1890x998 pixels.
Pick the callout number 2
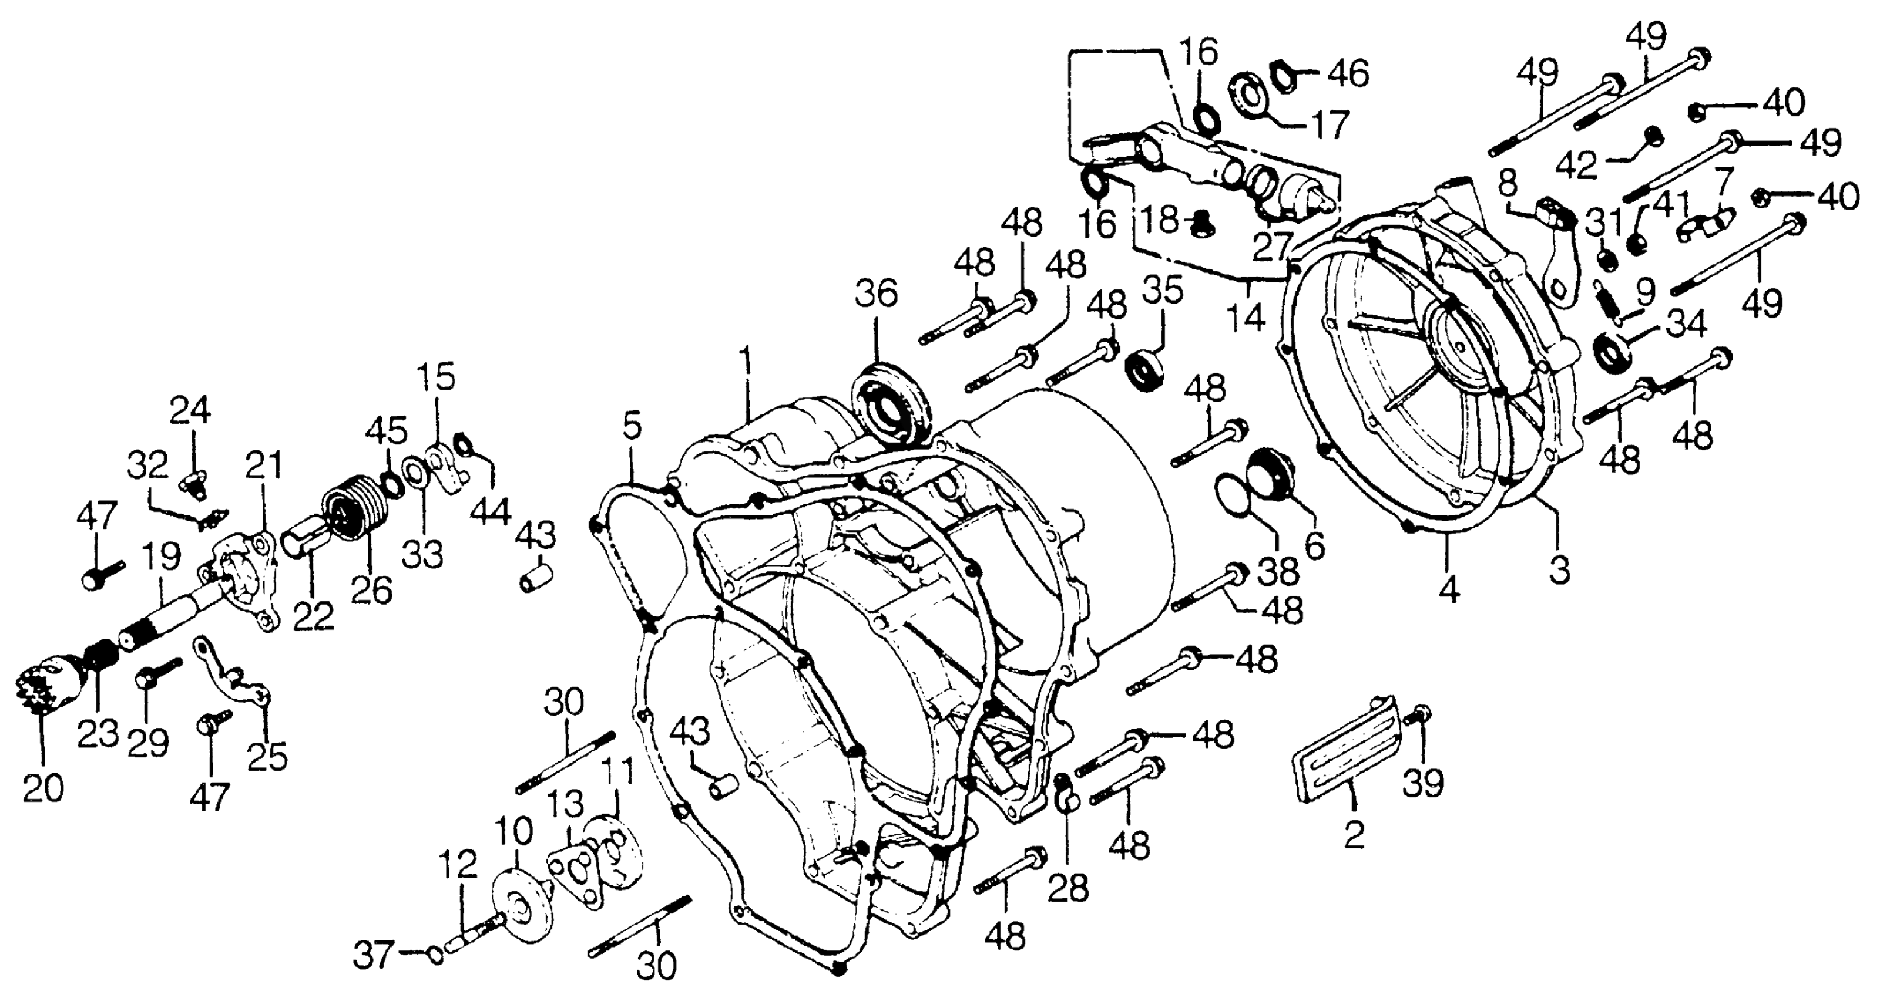coord(1354,834)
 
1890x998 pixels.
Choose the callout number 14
coord(1247,318)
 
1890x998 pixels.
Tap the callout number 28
coord(1068,888)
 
